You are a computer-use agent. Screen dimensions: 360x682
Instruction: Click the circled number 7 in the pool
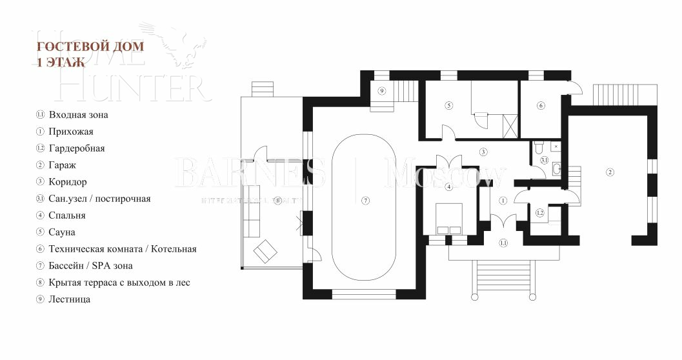pos(366,200)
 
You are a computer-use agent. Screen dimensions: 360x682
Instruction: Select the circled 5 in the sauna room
pos(448,105)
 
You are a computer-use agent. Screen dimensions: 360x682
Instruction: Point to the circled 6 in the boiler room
pos(541,105)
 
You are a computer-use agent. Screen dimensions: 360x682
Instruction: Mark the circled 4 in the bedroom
pos(448,187)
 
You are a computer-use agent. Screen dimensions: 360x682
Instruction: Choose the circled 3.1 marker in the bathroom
pos(545,160)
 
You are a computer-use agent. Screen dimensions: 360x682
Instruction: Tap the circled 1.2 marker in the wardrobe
pos(540,212)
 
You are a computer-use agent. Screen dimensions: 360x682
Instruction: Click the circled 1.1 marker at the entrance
pos(503,243)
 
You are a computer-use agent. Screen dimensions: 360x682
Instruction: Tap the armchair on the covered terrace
pos(264,251)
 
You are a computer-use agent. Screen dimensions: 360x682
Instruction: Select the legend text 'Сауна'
pos(62,232)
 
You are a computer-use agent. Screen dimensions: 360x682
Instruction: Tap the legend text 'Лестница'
pos(69,299)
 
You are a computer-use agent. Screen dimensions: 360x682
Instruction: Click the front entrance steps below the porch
pos(503,277)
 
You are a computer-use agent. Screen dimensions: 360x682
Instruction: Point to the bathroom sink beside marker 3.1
pos(557,169)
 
